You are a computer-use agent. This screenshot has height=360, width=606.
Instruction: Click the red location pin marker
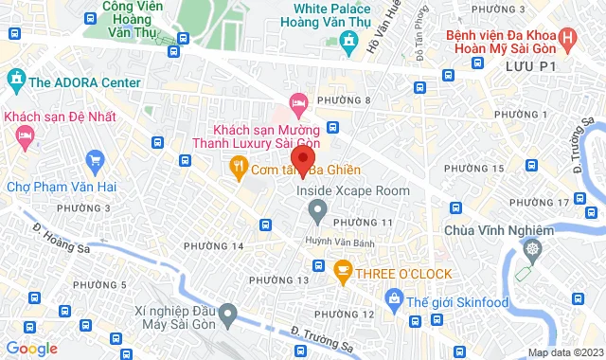(303, 158)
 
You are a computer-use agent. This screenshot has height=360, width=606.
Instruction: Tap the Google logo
(32, 349)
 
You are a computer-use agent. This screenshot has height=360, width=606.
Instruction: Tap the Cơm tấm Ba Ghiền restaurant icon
(238, 170)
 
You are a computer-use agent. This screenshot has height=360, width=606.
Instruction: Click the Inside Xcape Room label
(353, 190)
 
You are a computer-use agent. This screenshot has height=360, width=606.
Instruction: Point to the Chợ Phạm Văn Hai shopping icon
(94, 159)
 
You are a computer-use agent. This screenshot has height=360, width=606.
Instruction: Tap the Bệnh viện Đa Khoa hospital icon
(567, 40)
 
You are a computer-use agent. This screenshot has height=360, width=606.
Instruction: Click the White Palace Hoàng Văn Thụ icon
(349, 41)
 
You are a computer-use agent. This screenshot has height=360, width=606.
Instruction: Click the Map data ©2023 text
(564, 352)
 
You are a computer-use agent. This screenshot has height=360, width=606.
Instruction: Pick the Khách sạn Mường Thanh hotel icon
(298, 100)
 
